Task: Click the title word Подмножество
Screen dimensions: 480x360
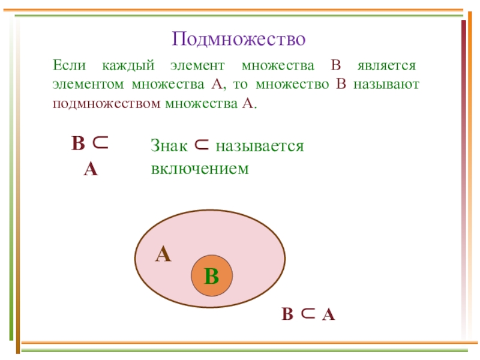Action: point(239,39)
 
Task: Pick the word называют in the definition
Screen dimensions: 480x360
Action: point(386,84)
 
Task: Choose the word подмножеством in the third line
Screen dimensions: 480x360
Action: point(106,103)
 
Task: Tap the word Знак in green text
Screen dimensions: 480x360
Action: point(170,146)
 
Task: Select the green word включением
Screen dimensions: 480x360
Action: point(199,169)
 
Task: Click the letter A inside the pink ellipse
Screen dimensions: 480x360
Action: point(163,255)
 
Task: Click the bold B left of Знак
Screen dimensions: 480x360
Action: point(78,144)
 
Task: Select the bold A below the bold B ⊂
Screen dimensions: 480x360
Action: point(91,169)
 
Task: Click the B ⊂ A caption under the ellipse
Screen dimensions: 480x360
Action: point(308,314)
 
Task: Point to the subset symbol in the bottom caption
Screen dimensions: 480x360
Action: point(308,314)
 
